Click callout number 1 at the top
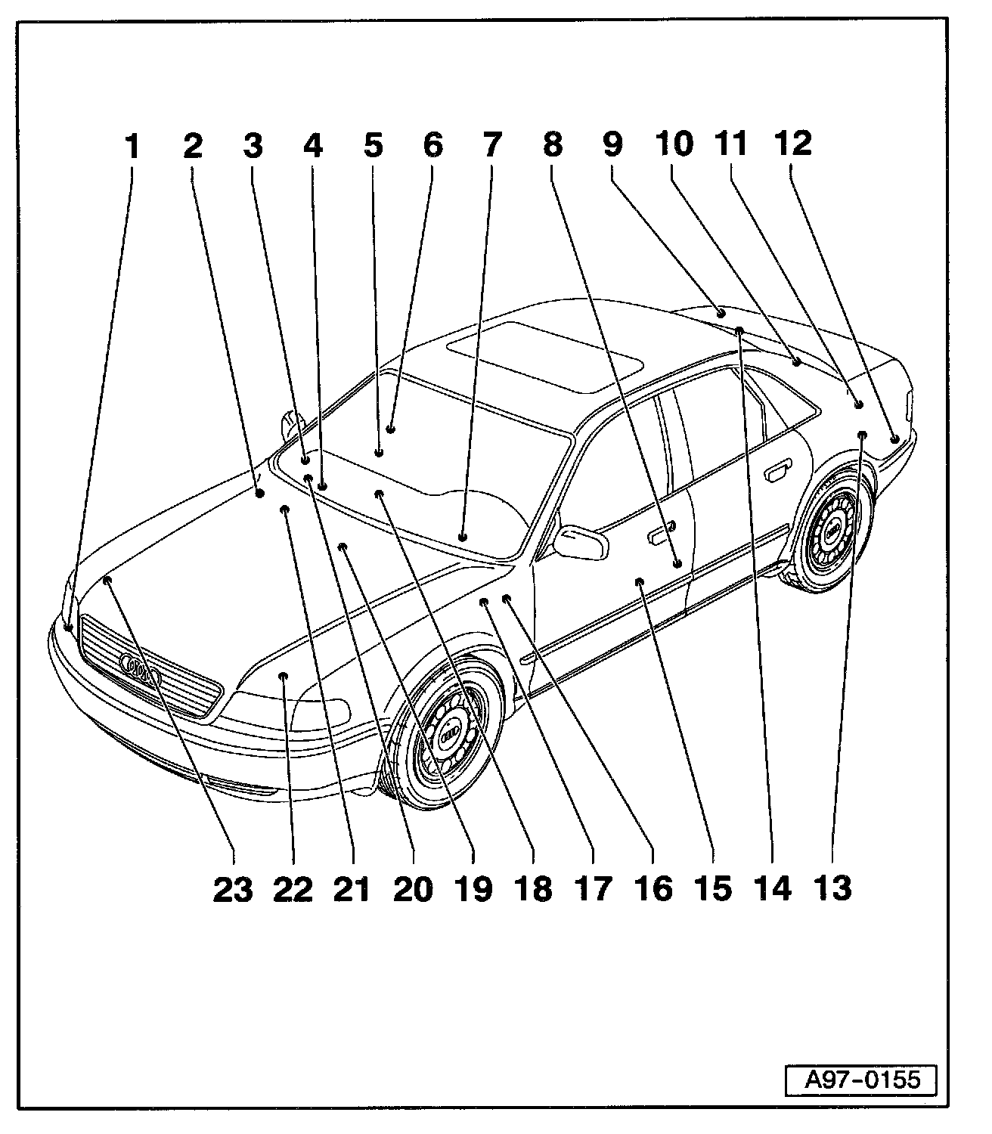tap(132, 146)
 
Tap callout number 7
tap(491, 144)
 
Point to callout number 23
tap(232, 889)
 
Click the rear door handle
tap(777, 475)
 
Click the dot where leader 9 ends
tap(721, 311)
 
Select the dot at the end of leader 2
tap(259, 494)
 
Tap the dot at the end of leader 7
tap(462, 537)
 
